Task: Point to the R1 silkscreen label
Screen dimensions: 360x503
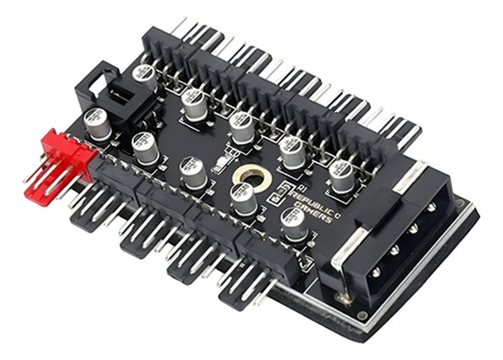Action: [303, 189]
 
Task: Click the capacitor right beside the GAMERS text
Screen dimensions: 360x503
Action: [294, 223]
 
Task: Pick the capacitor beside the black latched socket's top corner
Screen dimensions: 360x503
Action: [144, 76]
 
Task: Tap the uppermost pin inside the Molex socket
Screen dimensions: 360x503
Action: [432, 207]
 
